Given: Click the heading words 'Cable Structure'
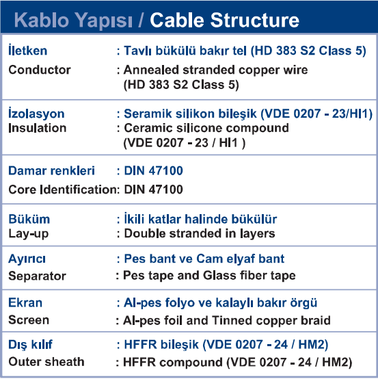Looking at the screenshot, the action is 225,21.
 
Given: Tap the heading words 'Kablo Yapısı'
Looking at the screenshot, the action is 73,21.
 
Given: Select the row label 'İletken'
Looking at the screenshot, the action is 28,50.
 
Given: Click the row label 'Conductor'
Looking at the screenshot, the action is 40,70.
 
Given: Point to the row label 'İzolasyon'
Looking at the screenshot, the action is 36,113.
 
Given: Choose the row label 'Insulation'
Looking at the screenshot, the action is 38,128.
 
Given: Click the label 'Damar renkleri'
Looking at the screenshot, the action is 51,170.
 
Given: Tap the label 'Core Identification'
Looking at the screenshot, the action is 63,189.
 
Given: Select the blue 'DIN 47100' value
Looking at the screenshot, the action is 153,170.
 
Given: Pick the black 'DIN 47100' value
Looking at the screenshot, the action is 153,189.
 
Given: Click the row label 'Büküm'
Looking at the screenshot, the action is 29,219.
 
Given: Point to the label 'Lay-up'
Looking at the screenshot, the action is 29,234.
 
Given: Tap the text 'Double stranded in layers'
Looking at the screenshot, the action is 200,234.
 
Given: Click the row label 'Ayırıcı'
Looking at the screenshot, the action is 27,259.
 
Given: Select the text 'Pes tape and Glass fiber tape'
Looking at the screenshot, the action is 209,275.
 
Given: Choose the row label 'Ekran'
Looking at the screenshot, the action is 25,302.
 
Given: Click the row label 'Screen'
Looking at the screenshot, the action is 29,320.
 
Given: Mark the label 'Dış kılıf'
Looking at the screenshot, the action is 31,345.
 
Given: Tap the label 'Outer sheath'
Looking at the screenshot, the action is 46,362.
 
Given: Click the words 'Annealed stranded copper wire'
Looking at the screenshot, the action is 216,70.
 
